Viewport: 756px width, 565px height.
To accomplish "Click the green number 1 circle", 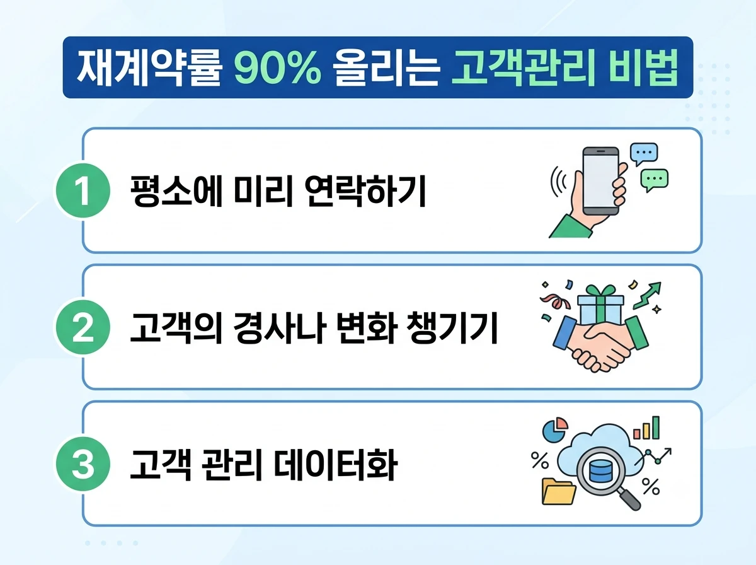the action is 83,190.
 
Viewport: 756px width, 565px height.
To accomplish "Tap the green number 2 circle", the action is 83,327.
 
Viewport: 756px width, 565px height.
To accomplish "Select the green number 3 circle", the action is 83,463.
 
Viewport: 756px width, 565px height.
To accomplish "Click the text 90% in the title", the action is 278,67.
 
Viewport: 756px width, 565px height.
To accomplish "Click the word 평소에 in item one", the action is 176,190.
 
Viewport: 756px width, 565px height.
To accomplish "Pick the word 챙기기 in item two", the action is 452,327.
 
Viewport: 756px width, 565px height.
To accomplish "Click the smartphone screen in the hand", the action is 600,180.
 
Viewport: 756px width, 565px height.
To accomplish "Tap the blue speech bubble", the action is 644,154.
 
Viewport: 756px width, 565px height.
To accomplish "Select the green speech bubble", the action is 654,180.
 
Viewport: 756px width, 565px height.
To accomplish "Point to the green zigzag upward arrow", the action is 648,295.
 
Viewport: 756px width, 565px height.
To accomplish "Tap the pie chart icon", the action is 555,429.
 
